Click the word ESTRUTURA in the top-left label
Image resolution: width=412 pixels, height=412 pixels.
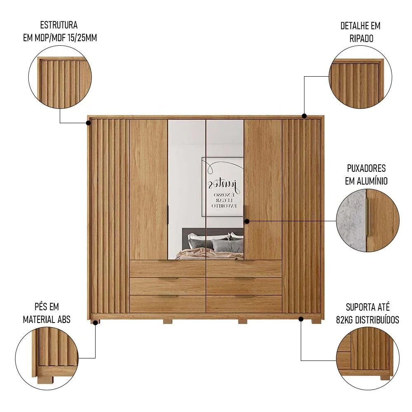(59, 26)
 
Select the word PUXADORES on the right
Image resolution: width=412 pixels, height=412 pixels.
(366, 169)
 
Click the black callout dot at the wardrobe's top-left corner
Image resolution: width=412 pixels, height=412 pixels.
(89, 122)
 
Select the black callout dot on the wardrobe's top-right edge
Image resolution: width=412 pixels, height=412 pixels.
(304, 116)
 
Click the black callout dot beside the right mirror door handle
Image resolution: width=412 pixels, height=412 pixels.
(247, 221)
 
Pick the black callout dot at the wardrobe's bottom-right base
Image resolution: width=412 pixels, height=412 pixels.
(301, 318)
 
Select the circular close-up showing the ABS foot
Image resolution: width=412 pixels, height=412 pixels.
(47, 357)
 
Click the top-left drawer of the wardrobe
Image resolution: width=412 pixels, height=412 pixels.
(167, 269)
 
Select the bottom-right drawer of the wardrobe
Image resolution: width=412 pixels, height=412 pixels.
(244, 304)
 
